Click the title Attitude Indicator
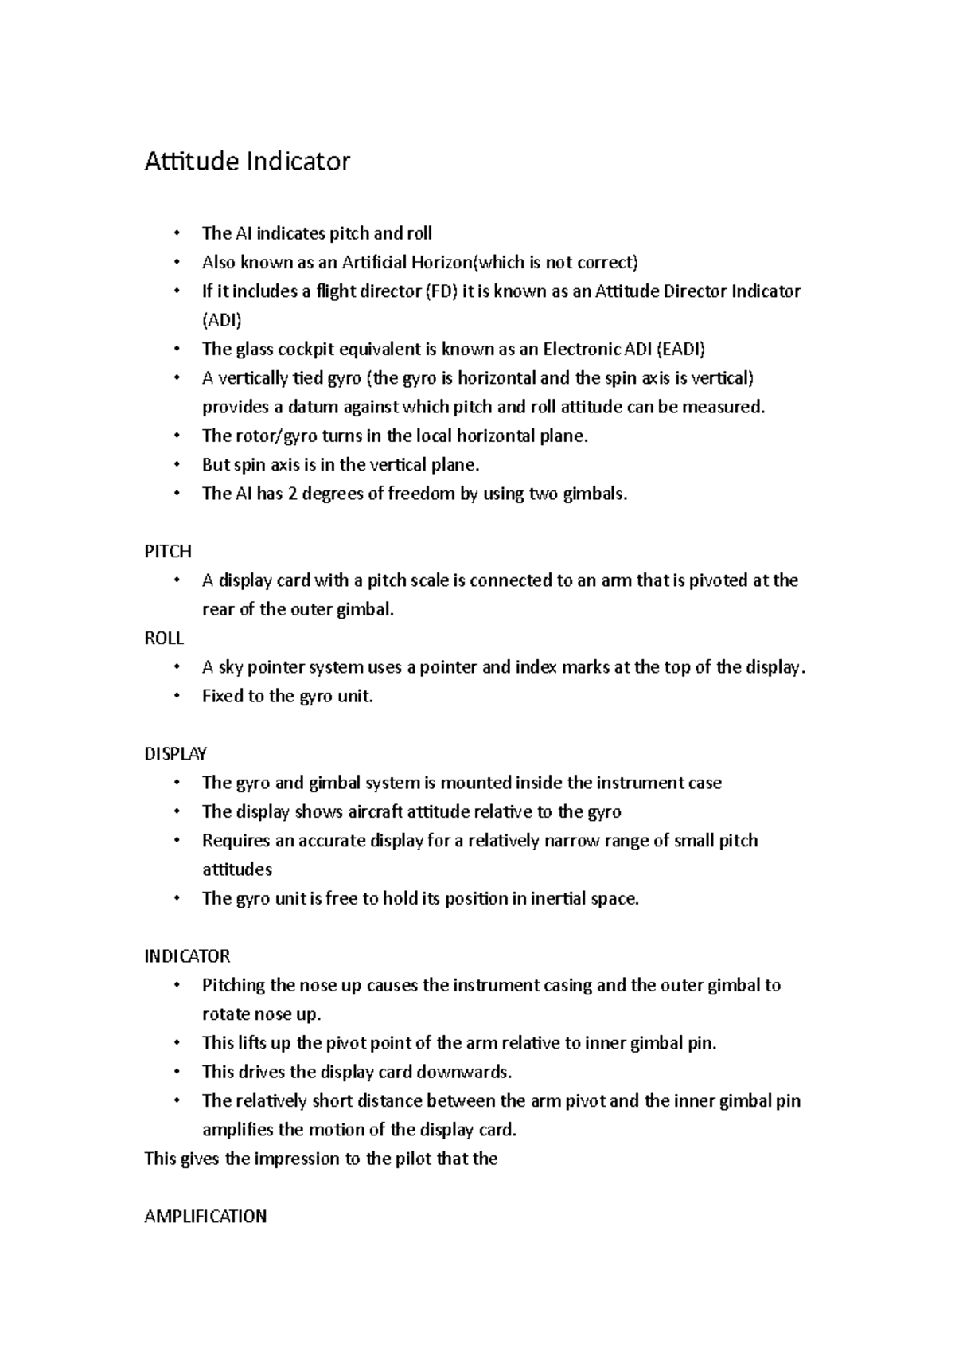(247, 162)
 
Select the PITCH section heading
(168, 551)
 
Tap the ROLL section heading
(164, 638)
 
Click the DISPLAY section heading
(175, 753)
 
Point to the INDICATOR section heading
(187, 955)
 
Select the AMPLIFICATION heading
(205, 1216)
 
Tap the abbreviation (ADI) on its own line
(221, 320)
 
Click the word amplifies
(237, 1130)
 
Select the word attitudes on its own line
(237, 869)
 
